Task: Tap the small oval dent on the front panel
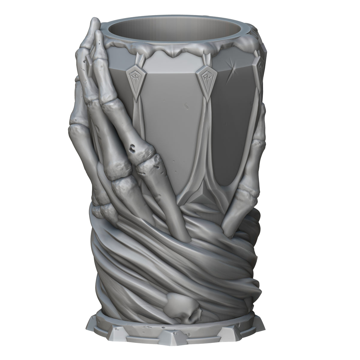[186, 106]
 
